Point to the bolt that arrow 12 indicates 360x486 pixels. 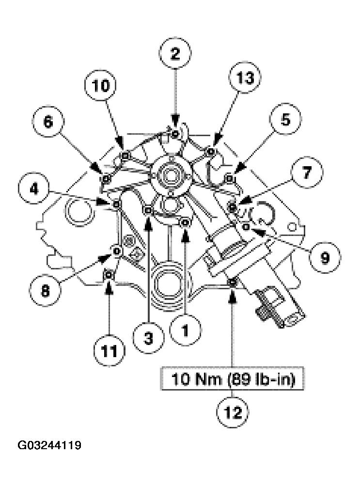tap(233, 282)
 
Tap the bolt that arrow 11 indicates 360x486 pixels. tap(110, 276)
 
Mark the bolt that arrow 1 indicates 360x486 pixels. tap(185, 222)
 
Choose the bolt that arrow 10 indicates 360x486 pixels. tap(125, 156)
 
